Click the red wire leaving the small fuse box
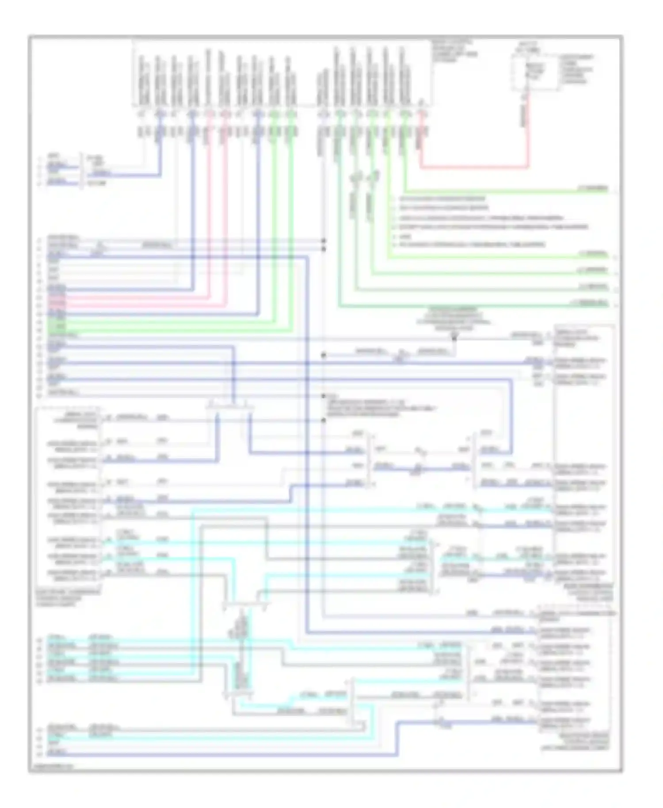point(527,133)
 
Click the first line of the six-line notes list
point(442,199)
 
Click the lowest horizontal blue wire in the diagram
point(221,755)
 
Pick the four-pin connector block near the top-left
point(81,170)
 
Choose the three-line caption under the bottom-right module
point(575,741)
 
